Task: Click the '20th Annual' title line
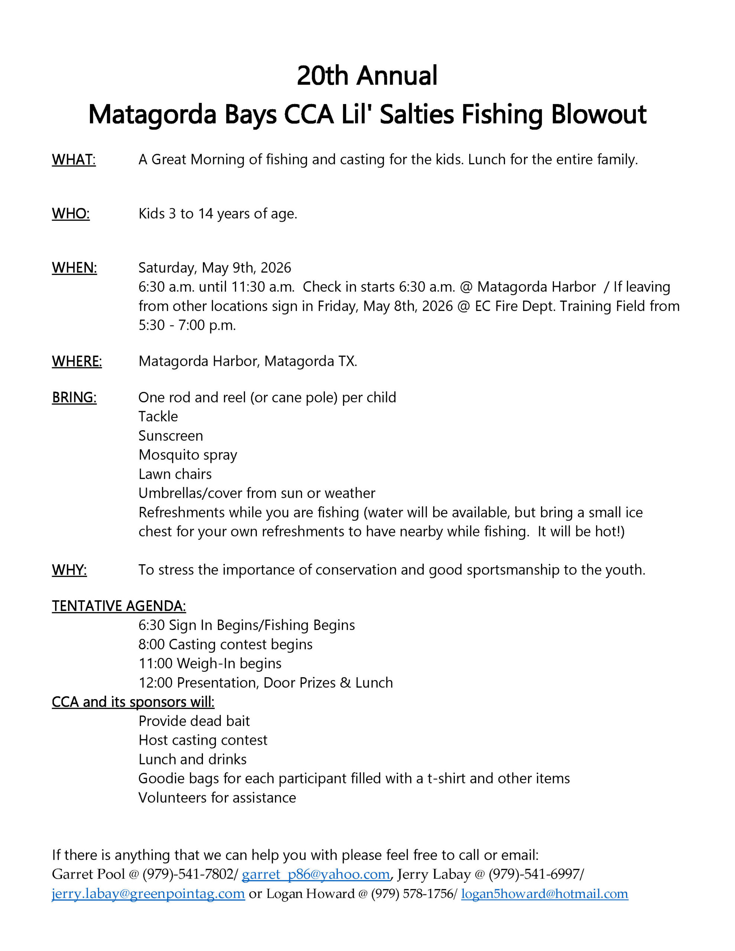tap(367, 76)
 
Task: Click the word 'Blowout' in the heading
tap(598, 114)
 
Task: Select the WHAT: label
tap(74, 160)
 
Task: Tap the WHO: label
tap(71, 214)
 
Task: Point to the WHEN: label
tap(74, 268)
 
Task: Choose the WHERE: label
tap(77, 361)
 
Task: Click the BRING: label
tap(74, 397)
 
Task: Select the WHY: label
tap(69, 570)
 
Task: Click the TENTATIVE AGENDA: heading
tap(119, 606)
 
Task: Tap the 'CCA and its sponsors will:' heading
tap(133, 702)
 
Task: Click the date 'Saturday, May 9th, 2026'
tap(214, 268)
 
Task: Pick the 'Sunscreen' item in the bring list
tap(170, 436)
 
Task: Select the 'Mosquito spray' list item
tap(187, 455)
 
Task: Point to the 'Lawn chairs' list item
tap(175, 474)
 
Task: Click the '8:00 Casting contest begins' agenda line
tap(225, 645)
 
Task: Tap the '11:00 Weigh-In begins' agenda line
tap(210, 663)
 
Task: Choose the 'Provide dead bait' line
tap(194, 721)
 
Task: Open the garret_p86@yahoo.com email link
tap(315, 874)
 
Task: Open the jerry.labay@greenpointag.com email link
tap(148, 893)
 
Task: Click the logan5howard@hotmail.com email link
tap(544, 893)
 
